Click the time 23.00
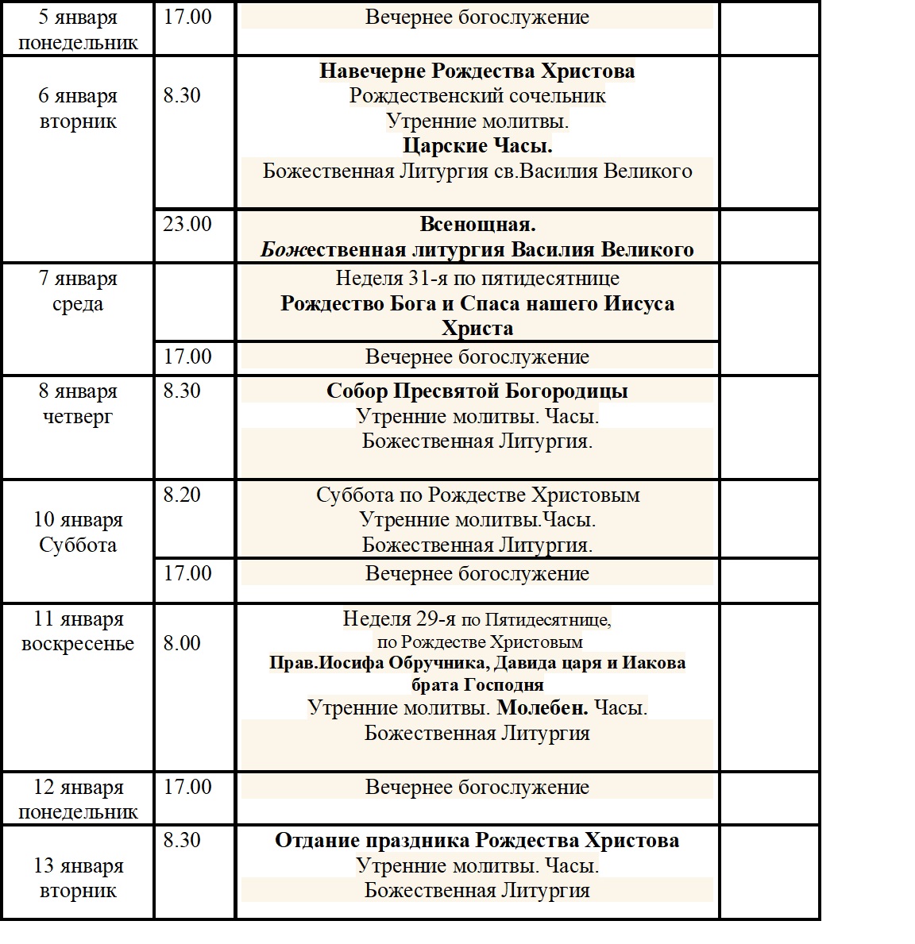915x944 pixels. tap(187, 224)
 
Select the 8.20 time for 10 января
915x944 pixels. tap(182, 495)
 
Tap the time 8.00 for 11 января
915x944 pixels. tap(182, 643)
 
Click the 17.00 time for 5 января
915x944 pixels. tap(187, 17)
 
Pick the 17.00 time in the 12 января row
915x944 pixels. tap(187, 787)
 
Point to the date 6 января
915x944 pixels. tap(78, 96)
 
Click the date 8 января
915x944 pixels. tap(78, 391)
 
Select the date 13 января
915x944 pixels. tap(78, 865)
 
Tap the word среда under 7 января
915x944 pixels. tap(78, 304)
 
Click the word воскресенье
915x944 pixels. tap(78, 644)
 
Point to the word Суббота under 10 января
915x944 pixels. tap(78, 545)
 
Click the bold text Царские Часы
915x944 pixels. tap(477, 146)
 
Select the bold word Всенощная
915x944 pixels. tap(477, 225)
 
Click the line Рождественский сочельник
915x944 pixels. tap(477, 96)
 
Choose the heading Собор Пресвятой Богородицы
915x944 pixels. tap(477, 391)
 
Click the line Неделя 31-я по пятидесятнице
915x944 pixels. tap(477, 279)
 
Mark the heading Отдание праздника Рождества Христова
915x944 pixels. tap(477, 841)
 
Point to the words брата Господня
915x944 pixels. tap(477, 684)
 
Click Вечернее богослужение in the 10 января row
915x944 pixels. tap(477, 573)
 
